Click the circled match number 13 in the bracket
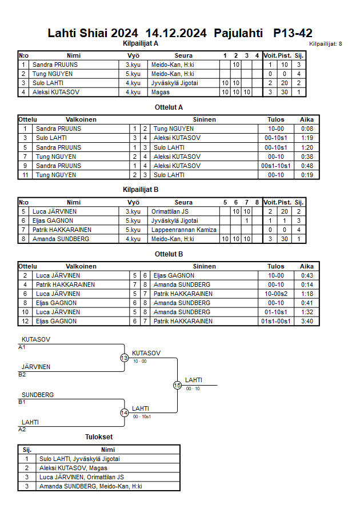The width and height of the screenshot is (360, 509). [125, 358]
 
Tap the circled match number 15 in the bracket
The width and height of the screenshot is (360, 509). [177, 385]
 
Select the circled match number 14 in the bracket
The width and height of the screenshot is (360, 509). [125, 413]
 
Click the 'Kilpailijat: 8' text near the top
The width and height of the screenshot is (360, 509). [325, 44]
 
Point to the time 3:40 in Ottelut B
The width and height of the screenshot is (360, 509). [307, 321]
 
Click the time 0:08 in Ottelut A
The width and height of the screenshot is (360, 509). [307, 129]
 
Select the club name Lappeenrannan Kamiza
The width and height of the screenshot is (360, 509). [184, 230]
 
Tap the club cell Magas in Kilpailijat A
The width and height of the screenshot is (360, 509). [160, 92]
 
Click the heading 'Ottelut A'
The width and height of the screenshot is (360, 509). [169, 107]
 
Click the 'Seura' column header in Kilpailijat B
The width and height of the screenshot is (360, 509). [183, 202]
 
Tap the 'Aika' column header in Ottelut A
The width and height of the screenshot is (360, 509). [307, 120]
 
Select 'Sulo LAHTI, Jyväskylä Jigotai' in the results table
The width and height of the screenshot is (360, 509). [79, 459]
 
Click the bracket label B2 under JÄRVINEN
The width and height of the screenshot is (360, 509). [22, 375]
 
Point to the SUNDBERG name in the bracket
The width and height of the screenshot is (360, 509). [38, 395]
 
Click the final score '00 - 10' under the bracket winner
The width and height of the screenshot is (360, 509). [193, 388]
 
